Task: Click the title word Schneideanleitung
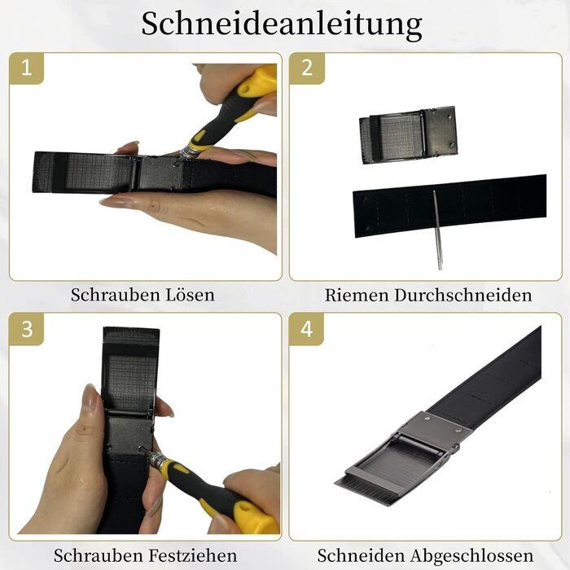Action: tap(282, 24)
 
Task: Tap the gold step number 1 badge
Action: tap(26, 68)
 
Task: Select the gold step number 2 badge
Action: tap(306, 68)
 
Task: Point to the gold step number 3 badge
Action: tap(26, 329)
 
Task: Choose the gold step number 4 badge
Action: tap(306, 329)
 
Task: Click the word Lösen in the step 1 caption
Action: tap(190, 295)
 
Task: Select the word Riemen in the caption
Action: tap(357, 295)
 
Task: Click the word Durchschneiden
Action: tap(463, 295)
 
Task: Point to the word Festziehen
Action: tap(192, 555)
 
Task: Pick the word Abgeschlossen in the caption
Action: tap(472, 555)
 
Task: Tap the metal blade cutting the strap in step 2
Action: tap(437, 230)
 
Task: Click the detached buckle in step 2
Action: tap(408, 135)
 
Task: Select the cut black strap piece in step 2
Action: tap(450, 206)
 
